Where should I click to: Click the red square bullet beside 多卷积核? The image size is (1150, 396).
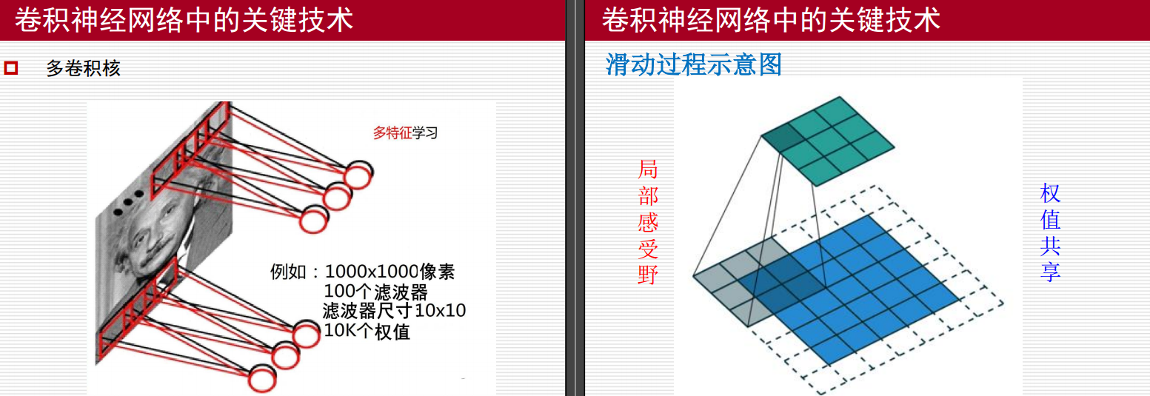click(x=11, y=69)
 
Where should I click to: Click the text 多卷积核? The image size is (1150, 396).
click(x=83, y=69)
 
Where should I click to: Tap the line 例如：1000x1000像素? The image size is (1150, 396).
click(x=362, y=272)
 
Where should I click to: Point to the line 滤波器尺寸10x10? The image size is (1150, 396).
click(x=394, y=310)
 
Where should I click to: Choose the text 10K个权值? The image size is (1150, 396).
click(x=367, y=330)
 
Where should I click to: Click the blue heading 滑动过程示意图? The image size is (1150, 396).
click(x=694, y=64)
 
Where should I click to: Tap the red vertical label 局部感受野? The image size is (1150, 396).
click(x=648, y=222)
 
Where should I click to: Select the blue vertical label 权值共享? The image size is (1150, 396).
click(x=1050, y=232)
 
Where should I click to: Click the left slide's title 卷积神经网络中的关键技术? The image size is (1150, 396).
click(x=184, y=20)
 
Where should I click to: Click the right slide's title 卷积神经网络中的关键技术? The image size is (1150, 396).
click(x=771, y=20)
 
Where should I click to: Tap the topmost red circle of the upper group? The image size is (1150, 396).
click(x=358, y=175)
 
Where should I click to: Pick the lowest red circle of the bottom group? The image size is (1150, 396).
click(x=262, y=378)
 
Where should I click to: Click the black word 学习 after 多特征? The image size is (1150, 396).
click(x=425, y=133)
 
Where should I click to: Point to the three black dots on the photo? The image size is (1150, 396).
click(x=128, y=201)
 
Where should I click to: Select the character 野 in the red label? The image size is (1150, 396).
click(x=648, y=275)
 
